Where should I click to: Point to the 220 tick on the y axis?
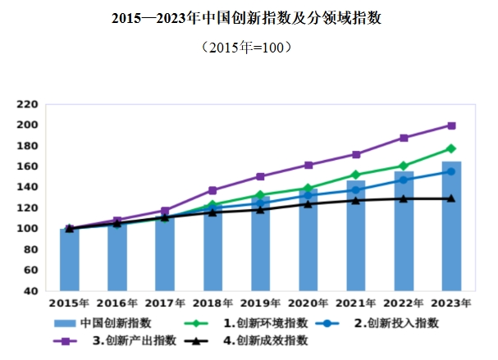[x=28, y=104]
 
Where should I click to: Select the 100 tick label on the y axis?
[x=28, y=229]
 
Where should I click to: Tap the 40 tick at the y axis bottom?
[x=30, y=291]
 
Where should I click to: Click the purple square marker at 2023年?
[x=451, y=125]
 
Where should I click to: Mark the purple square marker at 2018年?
[x=212, y=190]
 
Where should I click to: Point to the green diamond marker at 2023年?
[x=451, y=148]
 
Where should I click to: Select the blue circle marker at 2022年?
[x=404, y=180]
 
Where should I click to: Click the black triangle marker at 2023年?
[x=451, y=198]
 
